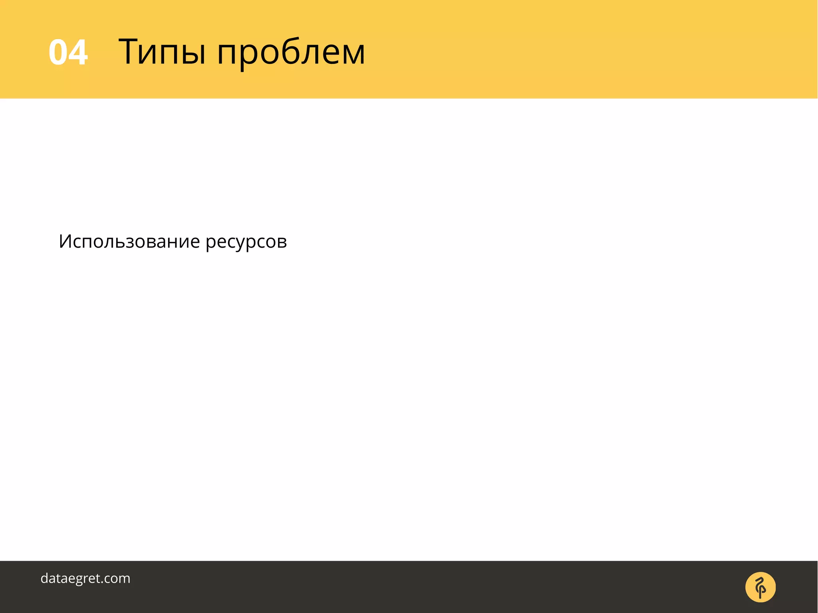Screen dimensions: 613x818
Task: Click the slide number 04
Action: [68, 52]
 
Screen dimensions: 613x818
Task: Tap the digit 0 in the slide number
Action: [58, 52]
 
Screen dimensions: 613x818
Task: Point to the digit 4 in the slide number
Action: [78, 52]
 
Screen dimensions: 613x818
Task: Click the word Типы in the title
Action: [162, 52]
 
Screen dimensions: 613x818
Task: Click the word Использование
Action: [129, 242]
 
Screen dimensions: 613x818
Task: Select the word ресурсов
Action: [246, 242]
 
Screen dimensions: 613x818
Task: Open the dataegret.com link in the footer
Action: [85, 578]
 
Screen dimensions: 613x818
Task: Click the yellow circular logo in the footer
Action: [760, 587]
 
